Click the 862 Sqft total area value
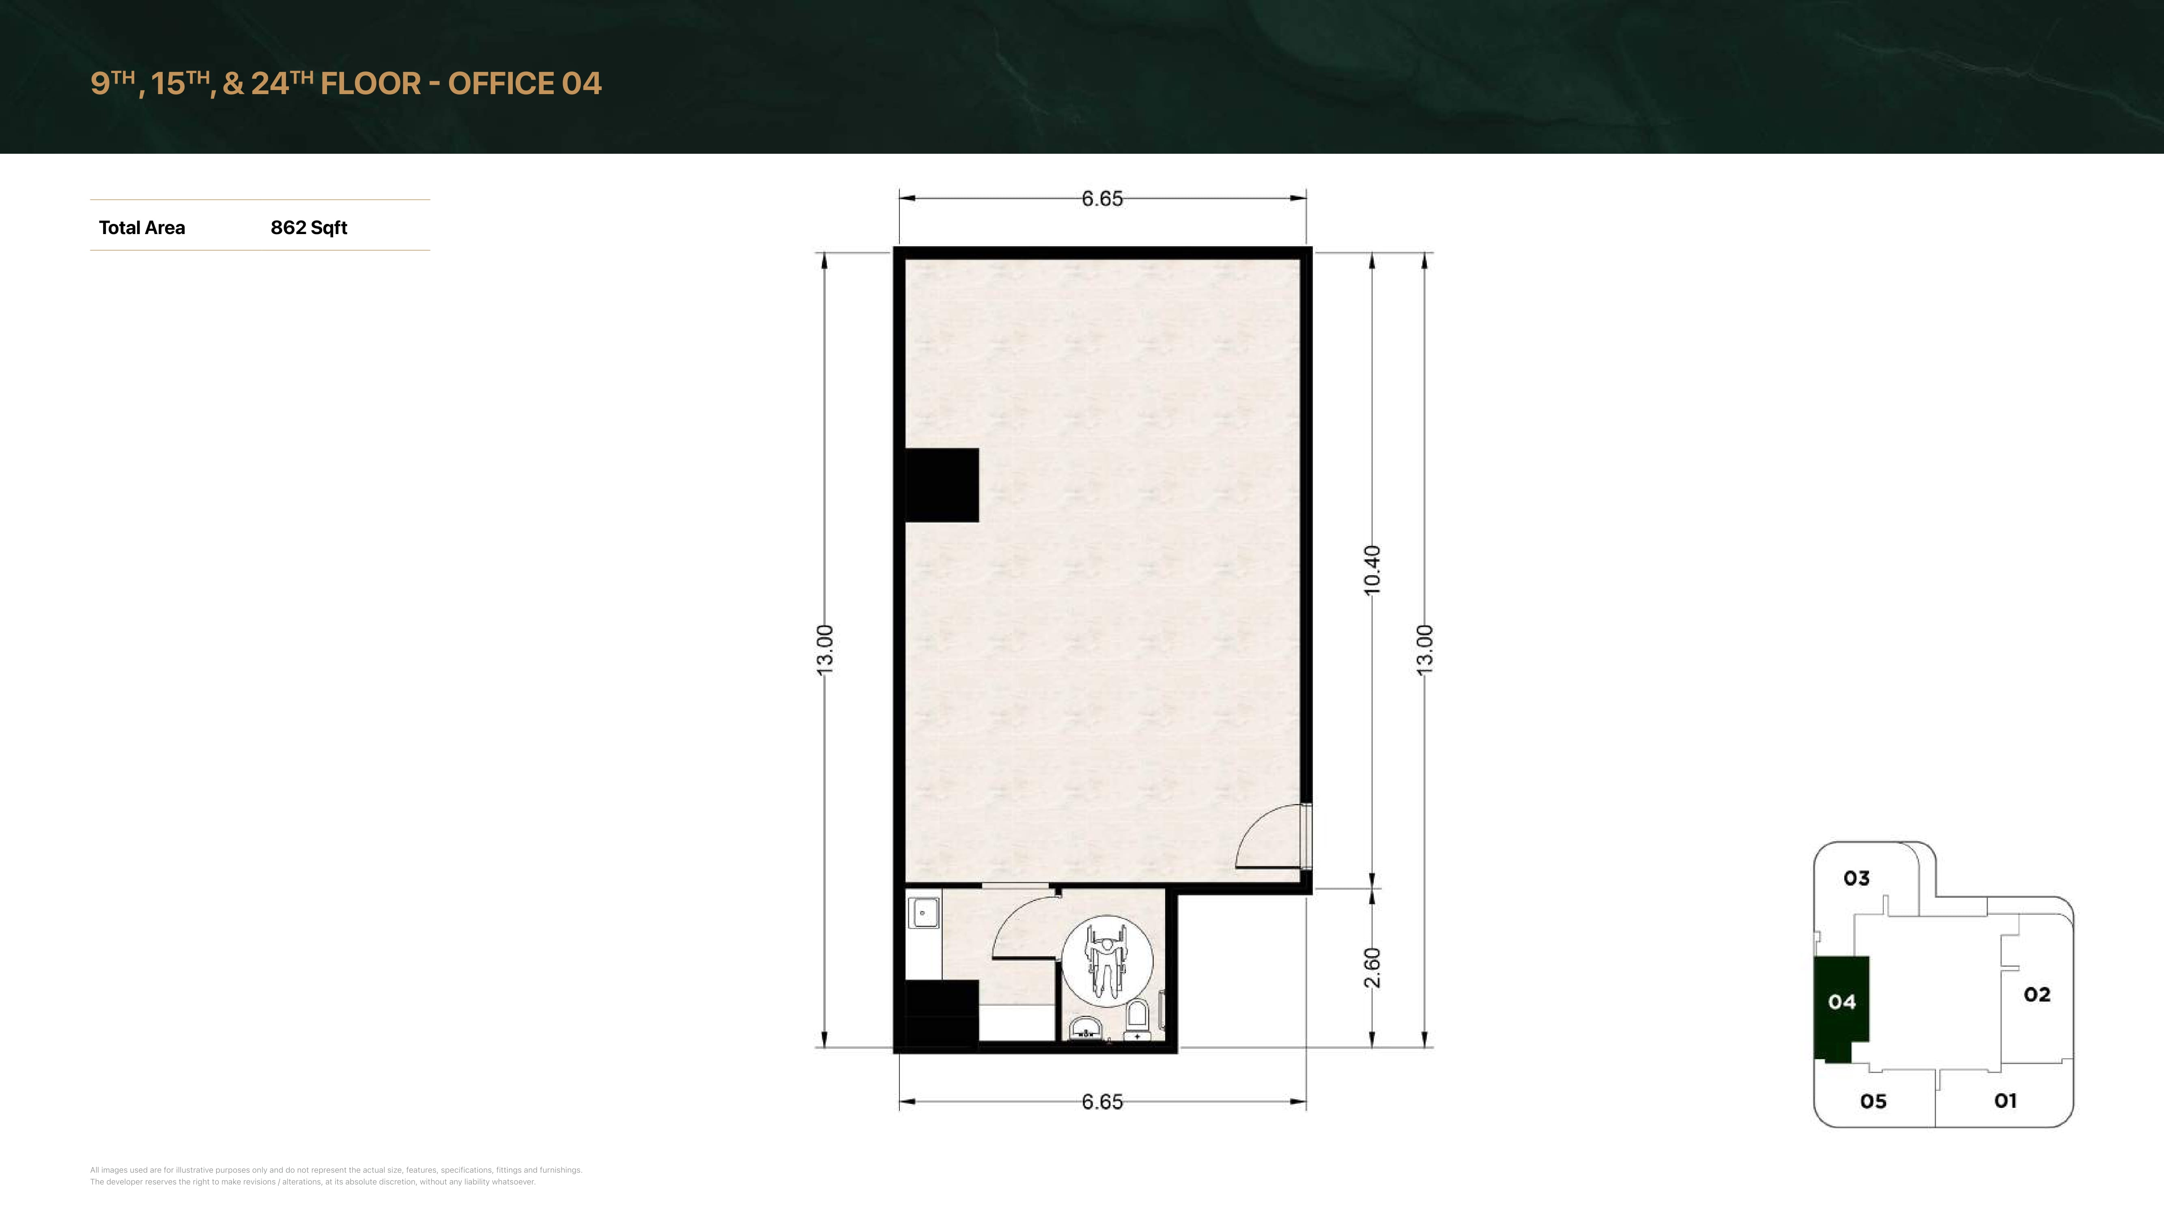click(308, 228)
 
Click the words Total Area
click(142, 228)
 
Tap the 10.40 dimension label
click(1372, 570)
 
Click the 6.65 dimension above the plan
click(1102, 199)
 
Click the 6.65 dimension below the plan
click(1102, 1102)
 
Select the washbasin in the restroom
click(1085, 1029)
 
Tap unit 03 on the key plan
click(1856, 879)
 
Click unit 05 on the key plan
click(1874, 1101)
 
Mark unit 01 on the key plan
click(2005, 1100)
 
